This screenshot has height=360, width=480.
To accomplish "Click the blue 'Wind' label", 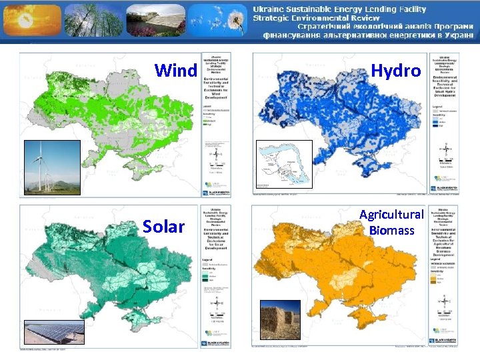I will [176, 70].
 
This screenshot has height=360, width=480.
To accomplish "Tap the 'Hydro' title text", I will [395, 70].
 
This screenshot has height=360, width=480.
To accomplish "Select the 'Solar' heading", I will [163, 227].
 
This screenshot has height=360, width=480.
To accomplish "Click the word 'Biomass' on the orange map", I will [391, 231].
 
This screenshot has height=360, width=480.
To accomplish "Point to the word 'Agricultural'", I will [391, 215].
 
